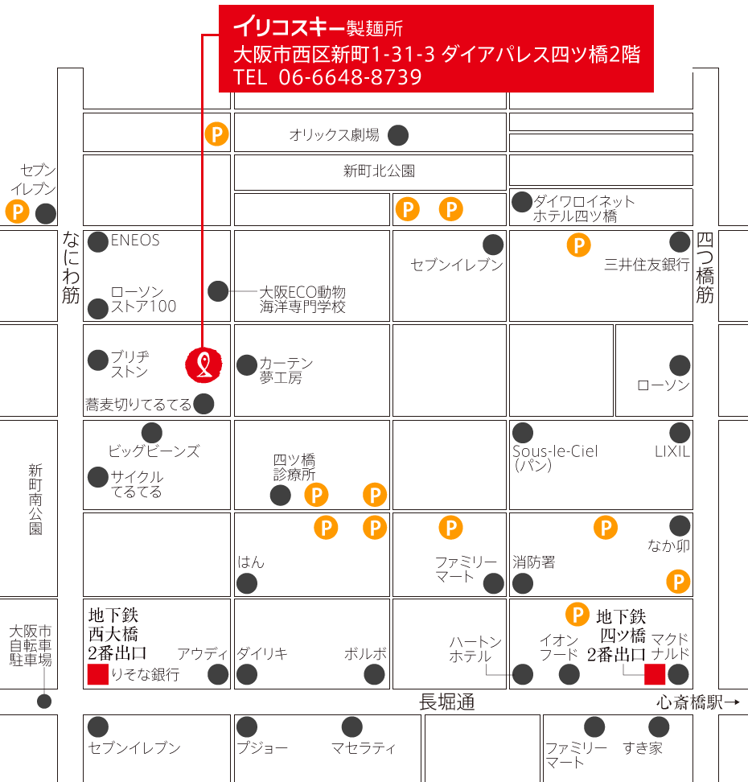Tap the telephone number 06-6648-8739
pos(350,77)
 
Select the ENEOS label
pos(135,240)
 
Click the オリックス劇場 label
pos(334,135)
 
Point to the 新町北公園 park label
pos(379,171)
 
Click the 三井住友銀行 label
pos(647,265)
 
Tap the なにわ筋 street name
pos(71,267)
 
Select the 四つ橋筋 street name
pos(705,268)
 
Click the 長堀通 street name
pos(446,702)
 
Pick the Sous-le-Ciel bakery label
pos(556,451)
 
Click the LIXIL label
pos(672,451)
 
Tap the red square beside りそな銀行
pos(97,674)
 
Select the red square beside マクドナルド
pos(654,674)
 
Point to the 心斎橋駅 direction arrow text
pos(697,702)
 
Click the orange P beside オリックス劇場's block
pos(216,134)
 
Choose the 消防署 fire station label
pos(534,562)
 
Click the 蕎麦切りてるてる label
pos(138,404)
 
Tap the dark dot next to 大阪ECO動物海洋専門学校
pos(218,291)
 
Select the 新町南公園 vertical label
pos(35,500)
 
